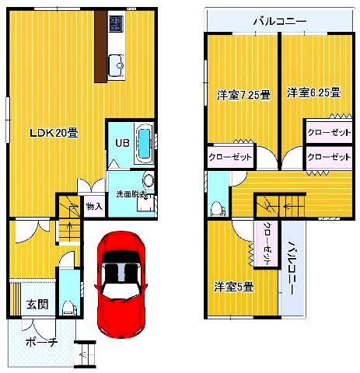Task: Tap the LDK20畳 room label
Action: point(52,133)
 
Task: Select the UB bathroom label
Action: point(122,143)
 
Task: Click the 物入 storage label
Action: point(93,207)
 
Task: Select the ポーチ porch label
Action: point(41,342)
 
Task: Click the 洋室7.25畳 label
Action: point(243,95)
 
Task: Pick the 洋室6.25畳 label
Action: point(313,92)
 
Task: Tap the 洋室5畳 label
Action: point(234,286)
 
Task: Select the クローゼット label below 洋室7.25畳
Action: point(230,158)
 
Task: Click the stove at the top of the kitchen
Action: point(116,25)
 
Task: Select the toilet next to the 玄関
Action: point(68,305)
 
